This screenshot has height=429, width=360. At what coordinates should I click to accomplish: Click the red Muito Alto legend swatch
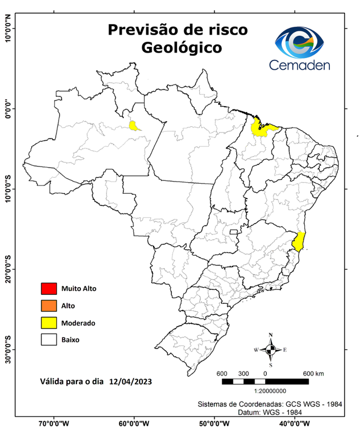pyautogui.click(x=49, y=289)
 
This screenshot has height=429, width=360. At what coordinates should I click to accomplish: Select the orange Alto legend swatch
pyautogui.click(x=49, y=306)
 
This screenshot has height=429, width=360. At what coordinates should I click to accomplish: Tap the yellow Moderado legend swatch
pyautogui.click(x=49, y=322)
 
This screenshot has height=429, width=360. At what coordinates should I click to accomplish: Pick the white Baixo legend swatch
pyautogui.click(x=49, y=339)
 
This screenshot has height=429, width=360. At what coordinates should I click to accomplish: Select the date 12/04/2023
pyautogui.click(x=131, y=383)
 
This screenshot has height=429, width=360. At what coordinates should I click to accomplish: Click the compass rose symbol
pyautogui.click(x=271, y=350)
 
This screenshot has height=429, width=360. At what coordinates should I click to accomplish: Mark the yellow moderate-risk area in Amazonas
pyautogui.click(x=135, y=125)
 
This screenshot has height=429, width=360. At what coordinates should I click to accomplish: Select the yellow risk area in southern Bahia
pyautogui.click(x=299, y=241)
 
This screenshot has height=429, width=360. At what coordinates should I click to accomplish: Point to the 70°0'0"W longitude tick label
pyautogui.click(x=54, y=423)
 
